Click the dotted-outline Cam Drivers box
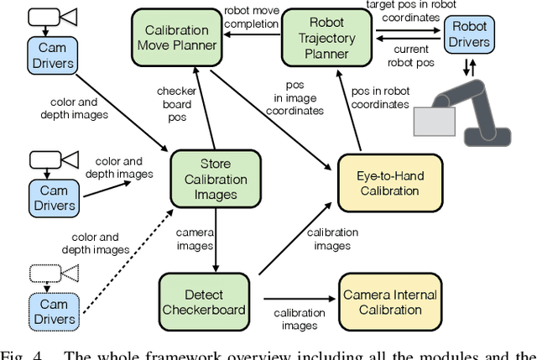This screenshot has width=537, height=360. click(x=52, y=310)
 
